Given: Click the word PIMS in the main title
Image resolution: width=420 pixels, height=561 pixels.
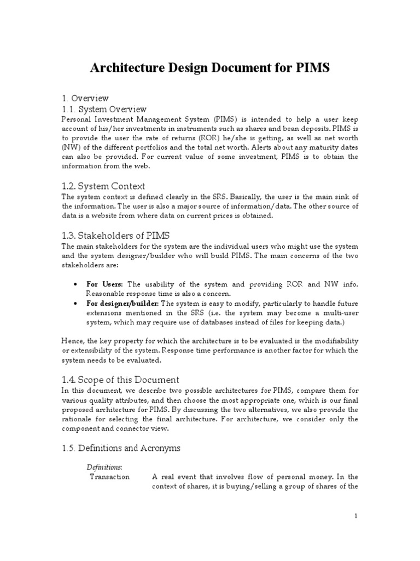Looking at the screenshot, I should (x=311, y=68).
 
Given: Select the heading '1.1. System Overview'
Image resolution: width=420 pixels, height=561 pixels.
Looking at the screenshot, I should (x=104, y=109).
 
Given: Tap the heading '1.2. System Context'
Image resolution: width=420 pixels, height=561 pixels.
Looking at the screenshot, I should (x=103, y=186).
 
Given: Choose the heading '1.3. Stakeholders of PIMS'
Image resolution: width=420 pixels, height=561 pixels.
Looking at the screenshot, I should (x=115, y=236).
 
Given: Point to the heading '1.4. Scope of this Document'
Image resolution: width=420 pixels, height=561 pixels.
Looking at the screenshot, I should (x=120, y=380).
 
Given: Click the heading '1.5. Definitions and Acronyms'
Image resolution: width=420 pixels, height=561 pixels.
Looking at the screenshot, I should (x=120, y=448).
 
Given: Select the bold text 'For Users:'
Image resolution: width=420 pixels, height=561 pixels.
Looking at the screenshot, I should (x=105, y=284).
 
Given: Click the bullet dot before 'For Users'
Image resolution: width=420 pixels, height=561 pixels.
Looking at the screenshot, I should (x=74, y=285).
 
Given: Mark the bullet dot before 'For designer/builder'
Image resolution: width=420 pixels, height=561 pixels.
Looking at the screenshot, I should (x=74, y=304).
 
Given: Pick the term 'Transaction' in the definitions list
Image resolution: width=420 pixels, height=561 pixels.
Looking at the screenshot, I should (x=109, y=477).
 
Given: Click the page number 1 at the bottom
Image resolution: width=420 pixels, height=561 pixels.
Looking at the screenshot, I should (x=355, y=516).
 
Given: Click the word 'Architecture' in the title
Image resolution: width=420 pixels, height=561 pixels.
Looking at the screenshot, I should (x=124, y=68).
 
